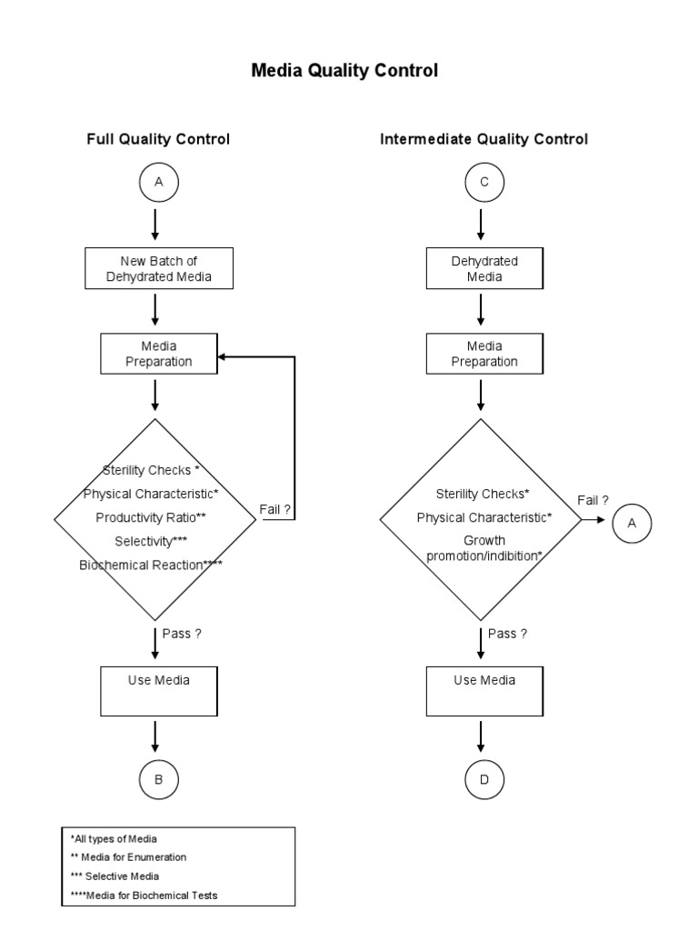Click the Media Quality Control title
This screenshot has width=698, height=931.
[x=344, y=70]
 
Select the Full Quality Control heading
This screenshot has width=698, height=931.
[x=158, y=139]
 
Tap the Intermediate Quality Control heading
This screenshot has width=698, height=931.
[x=484, y=139]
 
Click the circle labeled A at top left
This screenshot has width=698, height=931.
[x=159, y=183]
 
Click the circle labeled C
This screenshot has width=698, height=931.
[x=484, y=183]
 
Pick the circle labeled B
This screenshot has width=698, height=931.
[x=159, y=779]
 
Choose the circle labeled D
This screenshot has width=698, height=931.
[x=484, y=779]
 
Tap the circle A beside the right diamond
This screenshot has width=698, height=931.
[x=632, y=523]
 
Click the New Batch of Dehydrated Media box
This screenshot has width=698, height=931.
[x=159, y=268]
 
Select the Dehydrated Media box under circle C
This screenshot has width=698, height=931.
[x=484, y=268]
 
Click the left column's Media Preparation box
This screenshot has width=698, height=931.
[x=159, y=354]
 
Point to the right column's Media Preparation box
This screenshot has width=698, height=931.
[x=484, y=354]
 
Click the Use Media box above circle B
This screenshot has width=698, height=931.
[x=159, y=692]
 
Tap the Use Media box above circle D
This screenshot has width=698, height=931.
[x=484, y=692]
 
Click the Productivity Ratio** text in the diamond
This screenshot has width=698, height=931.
[x=151, y=517]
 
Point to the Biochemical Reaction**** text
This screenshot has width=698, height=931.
[x=151, y=565]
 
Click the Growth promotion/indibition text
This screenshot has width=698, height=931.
[x=484, y=548]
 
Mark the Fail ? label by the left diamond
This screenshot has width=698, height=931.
[x=275, y=510]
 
